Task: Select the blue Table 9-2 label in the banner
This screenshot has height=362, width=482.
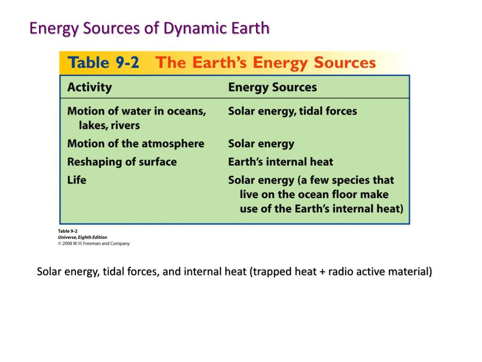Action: (103, 63)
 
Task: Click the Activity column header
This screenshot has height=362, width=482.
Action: (89, 87)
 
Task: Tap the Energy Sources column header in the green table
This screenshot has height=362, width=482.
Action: (273, 87)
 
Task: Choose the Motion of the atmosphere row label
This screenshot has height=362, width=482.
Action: (136, 144)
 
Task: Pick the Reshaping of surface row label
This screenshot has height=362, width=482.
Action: (122, 162)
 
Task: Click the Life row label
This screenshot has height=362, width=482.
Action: (77, 180)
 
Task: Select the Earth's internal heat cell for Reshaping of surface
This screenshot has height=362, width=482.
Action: (281, 162)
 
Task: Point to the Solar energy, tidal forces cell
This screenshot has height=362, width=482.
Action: (293, 111)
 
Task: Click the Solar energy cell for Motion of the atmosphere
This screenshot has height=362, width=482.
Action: (261, 144)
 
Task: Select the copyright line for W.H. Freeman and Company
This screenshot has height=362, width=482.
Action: (94, 244)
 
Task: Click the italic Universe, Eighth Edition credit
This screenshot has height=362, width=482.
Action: (82, 238)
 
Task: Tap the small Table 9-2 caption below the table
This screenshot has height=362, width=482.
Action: (68, 231)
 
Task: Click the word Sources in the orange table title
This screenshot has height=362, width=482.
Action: (345, 63)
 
